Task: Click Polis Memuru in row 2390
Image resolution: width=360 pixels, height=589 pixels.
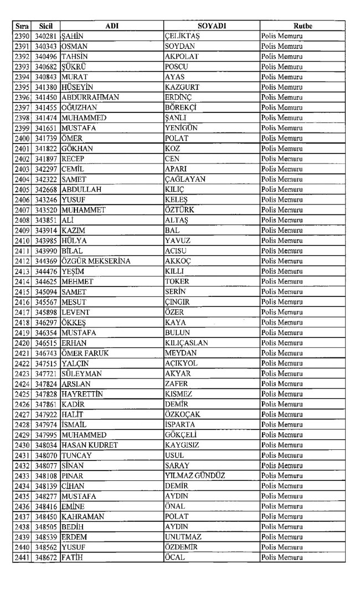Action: pyautogui.click(x=282, y=36)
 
